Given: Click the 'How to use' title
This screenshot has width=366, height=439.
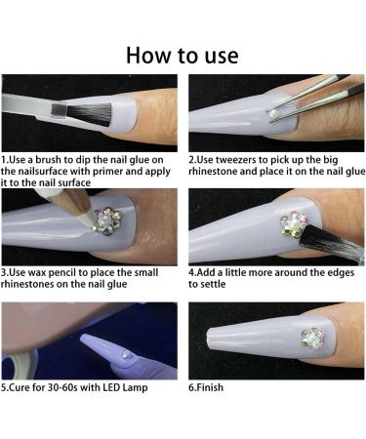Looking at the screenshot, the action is coord(183,56).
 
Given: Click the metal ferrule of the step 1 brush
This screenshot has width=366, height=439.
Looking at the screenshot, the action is coord(59,109).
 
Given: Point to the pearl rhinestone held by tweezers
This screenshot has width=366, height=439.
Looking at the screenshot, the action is coord(270,112).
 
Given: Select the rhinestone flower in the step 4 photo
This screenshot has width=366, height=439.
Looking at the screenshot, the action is coord(294,223).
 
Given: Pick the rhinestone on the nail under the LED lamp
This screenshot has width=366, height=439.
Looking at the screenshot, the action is coord(126,354).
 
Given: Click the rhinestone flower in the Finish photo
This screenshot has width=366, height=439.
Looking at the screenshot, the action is coord(313,339).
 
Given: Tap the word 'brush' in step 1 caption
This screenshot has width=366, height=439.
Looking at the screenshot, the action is coord(48,160).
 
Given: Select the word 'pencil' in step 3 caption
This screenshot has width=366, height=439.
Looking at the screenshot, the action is coord(68,273).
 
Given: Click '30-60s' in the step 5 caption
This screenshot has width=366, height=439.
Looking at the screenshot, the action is coord(62,387).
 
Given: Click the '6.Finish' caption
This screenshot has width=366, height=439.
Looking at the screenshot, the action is coord(206,387).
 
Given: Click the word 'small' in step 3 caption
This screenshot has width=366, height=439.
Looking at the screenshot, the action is coord(144,272).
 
